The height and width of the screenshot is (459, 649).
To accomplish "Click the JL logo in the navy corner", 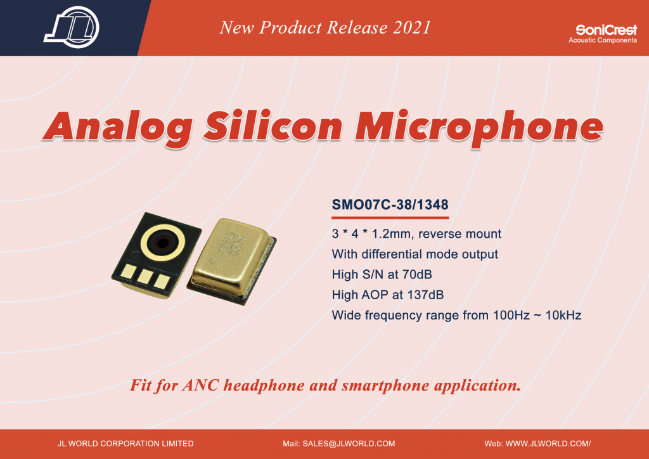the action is point(72,27).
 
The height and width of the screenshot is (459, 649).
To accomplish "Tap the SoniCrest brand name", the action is point(607,30).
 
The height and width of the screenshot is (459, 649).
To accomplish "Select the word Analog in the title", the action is point(118,127).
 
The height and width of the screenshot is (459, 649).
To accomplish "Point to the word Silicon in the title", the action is point(273,126).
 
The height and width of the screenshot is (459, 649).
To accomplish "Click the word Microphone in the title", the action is point(479,127).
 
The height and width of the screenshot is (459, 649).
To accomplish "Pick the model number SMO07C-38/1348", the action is point(390,205).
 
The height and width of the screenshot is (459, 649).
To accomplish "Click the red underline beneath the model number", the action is point(390,217).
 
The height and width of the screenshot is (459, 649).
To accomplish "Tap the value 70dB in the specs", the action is point(417,275).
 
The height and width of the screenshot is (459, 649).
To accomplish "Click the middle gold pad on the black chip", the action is point(145,276).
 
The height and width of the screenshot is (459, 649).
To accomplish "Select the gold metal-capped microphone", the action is point(232,261).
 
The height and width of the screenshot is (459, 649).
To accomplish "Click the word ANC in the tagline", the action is point(200,385).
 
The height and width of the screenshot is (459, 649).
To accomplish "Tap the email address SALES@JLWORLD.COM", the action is point(349,444).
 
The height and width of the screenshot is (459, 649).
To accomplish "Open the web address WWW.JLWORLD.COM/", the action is point(548,444).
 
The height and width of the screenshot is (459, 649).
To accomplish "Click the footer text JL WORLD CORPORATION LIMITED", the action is point(125,444).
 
